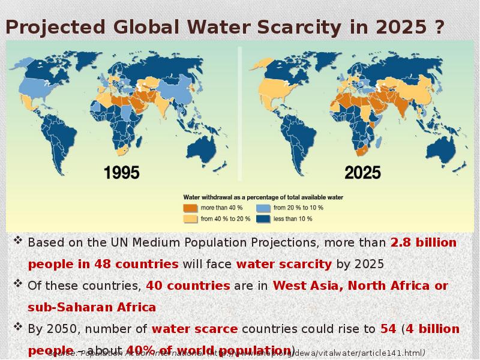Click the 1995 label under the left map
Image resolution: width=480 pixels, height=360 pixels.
(122, 173)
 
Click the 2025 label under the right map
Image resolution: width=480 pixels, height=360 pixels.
(362, 173)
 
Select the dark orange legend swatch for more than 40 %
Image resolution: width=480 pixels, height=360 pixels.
(190, 208)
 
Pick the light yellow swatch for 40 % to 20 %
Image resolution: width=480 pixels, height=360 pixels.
(190, 219)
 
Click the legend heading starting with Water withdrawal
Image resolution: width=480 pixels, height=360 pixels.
(263, 197)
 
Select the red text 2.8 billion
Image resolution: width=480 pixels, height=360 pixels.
(424, 243)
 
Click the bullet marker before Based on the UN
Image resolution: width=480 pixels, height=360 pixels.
(18, 242)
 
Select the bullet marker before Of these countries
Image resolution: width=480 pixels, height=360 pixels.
(18, 285)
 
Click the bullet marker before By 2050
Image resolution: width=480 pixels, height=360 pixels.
(18, 328)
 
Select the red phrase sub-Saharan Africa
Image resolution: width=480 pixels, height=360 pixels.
(92, 307)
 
